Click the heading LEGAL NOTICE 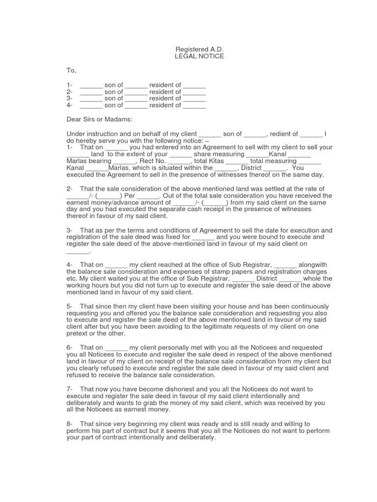(199, 56)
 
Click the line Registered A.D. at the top (199, 50)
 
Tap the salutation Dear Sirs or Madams (99, 119)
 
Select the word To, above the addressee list (71, 71)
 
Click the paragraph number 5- (70, 306)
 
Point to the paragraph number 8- (70, 424)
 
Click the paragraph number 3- (70, 230)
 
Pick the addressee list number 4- (70, 105)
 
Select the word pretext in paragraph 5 (78, 334)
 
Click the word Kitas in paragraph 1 (215, 161)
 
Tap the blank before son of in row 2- (91, 92)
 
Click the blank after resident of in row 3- (194, 99)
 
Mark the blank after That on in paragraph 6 (116, 348)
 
